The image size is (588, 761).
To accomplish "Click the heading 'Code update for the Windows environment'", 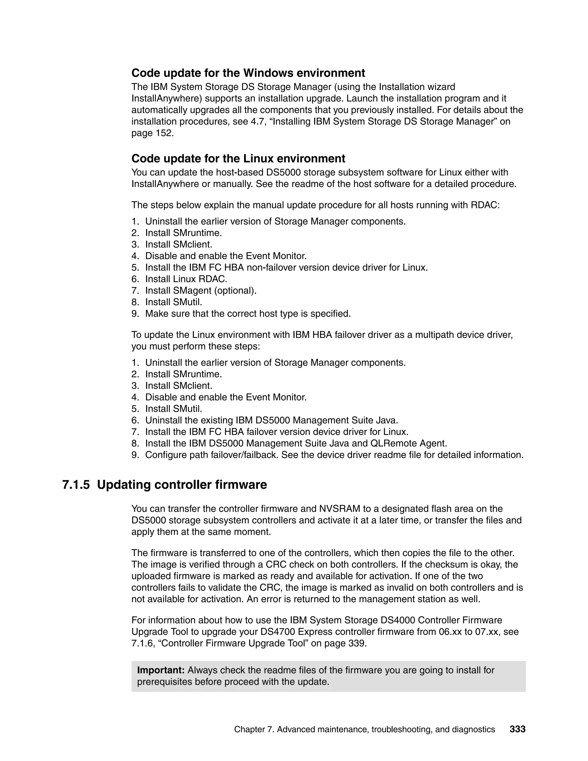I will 248,73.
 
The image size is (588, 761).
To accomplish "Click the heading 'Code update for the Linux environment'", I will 238,159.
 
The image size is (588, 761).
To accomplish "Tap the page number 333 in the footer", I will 517,729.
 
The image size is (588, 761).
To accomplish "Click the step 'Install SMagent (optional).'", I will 201,291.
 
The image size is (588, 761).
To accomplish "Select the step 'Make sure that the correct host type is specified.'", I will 248,314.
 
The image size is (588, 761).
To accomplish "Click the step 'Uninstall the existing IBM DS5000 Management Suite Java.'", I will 271,421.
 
